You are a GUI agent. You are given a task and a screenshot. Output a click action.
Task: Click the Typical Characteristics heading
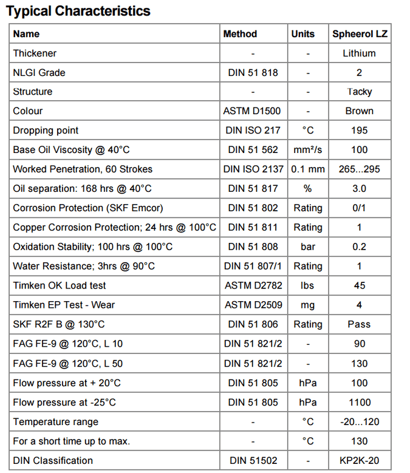(78, 11)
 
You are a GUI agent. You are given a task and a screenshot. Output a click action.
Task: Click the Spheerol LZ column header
(360, 34)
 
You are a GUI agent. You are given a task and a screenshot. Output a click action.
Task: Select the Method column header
(240, 34)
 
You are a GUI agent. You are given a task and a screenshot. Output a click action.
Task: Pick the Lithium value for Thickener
(359, 53)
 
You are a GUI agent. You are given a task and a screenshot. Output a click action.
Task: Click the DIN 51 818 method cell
(253, 73)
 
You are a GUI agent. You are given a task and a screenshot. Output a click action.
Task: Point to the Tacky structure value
(360, 92)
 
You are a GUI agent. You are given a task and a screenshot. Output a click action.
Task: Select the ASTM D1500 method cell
(253, 112)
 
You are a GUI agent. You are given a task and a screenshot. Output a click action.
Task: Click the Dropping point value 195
(359, 131)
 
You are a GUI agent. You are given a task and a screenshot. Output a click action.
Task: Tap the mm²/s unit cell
(308, 150)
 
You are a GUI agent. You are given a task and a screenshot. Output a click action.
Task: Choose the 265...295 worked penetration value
(359, 169)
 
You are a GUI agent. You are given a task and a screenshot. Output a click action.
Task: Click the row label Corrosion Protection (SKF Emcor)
(88, 208)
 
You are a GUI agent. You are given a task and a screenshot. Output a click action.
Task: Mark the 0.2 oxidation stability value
(359, 247)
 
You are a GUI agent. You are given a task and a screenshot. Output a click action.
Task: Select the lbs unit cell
(308, 285)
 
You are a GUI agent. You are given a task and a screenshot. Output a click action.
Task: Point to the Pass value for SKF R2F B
(359, 324)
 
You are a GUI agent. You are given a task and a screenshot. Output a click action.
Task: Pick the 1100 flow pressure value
(359, 402)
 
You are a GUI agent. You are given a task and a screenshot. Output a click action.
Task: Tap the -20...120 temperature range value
(359, 422)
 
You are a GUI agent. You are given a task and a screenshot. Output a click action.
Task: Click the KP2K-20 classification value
(359, 461)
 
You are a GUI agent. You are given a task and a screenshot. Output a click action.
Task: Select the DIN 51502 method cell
(253, 461)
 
